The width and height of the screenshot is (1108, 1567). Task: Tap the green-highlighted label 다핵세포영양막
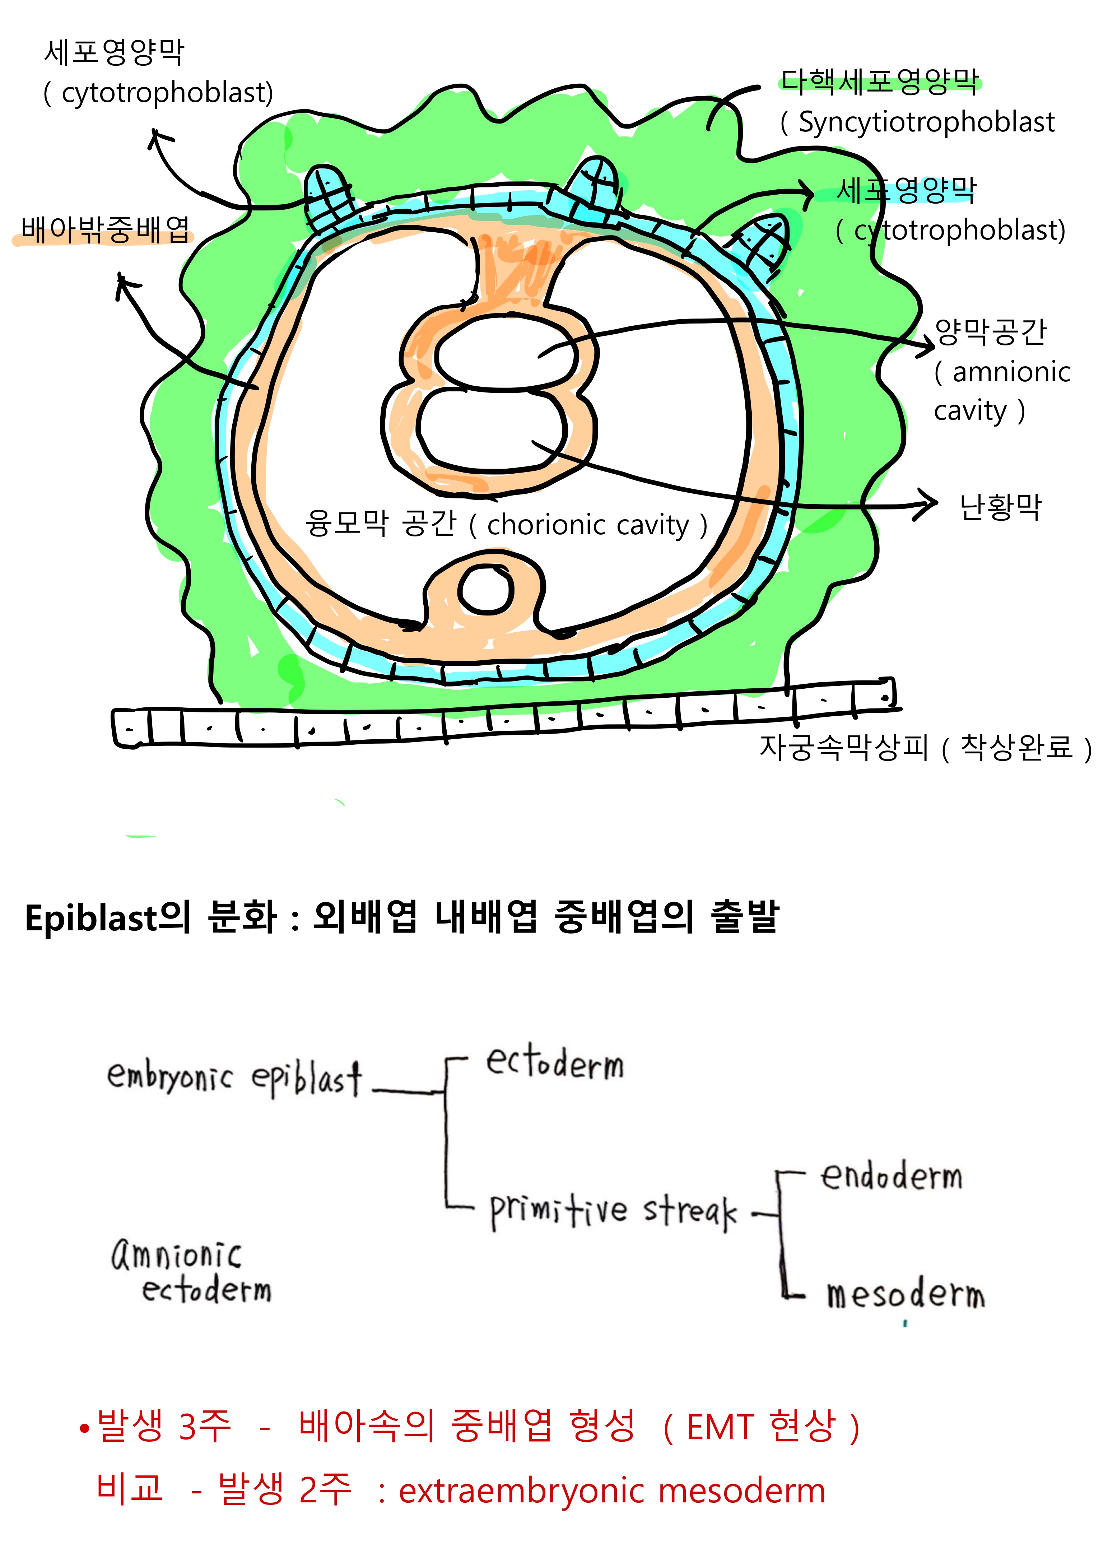coord(879,82)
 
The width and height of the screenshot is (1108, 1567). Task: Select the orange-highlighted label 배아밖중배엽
coord(104,230)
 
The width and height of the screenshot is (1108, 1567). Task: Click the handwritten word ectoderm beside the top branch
coord(554,1063)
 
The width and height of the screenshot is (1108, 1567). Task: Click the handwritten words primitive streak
coord(613,1210)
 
